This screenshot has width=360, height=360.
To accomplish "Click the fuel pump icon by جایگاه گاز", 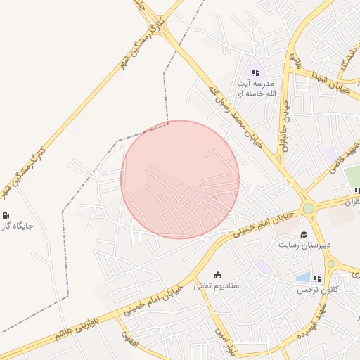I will [x=6, y=216].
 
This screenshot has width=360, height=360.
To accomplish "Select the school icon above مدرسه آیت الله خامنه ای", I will [x=255, y=72].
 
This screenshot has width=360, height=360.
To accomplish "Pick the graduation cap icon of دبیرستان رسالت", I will [x=303, y=234].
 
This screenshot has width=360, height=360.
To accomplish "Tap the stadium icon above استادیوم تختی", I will [x=217, y=275].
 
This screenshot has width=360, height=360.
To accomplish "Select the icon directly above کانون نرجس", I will [x=317, y=278].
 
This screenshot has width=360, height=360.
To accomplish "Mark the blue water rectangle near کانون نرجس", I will [x=303, y=276].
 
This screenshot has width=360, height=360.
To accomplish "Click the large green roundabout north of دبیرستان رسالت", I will [x=308, y=208].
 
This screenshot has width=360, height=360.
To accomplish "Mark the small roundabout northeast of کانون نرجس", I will [x=331, y=264].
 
